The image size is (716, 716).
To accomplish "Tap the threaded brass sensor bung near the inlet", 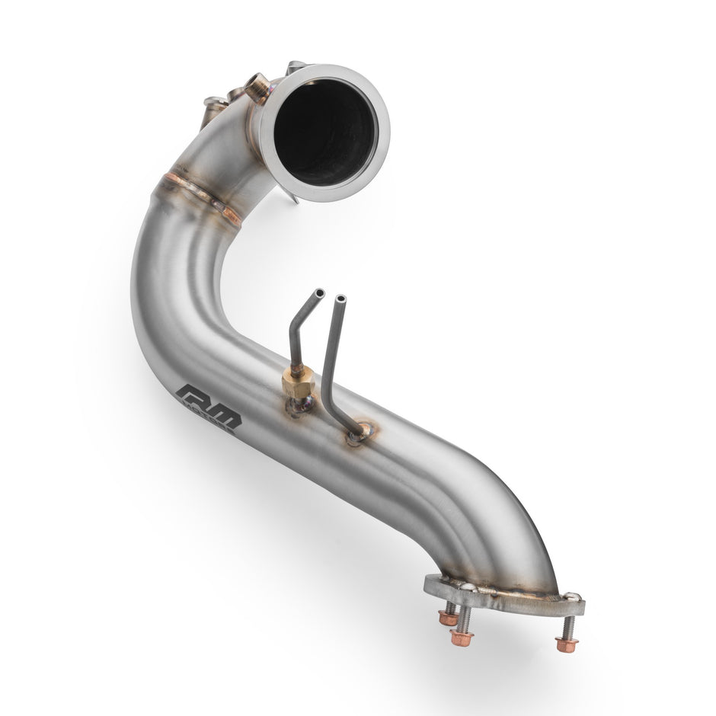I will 257,88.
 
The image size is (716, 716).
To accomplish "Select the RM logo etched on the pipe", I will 208,408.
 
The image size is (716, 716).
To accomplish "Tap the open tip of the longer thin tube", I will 340,299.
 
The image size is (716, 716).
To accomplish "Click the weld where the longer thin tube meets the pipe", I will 356,434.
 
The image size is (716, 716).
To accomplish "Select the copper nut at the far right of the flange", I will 566,645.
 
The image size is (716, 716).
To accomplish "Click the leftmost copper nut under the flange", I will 448,618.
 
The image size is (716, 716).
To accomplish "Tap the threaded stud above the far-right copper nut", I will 568,626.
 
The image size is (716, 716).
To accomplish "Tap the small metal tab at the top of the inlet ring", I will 296,67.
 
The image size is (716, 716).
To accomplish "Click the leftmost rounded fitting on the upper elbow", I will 213,107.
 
